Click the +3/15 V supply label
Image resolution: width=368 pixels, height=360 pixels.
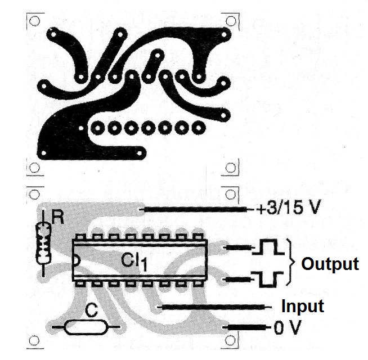pos(288,208)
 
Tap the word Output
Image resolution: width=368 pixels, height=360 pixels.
pos(330,264)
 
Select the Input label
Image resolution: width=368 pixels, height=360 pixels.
pos(303,307)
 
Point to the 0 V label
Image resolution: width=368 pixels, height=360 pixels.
pos(287,327)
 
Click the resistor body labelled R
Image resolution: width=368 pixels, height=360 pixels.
pos(43,244)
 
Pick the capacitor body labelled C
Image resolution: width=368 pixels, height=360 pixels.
pos(86,327)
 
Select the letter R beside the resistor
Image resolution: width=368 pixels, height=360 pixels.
pos(57,218)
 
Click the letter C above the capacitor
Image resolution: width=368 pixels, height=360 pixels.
pos(91,310)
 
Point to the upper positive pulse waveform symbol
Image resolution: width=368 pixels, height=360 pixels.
pos(268,247)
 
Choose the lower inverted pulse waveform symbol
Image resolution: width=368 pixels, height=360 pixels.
pos(268,279)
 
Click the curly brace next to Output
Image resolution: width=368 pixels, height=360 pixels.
pos(291,262)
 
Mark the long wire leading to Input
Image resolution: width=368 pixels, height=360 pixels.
pos(215,307)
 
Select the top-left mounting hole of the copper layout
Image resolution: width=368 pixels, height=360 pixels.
pos(34,21)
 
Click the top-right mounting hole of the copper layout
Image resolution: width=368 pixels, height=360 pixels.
pos(231,21)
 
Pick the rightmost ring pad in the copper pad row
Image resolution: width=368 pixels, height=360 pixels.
pos(199,128)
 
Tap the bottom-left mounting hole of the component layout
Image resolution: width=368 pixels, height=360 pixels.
pos(34,340)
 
